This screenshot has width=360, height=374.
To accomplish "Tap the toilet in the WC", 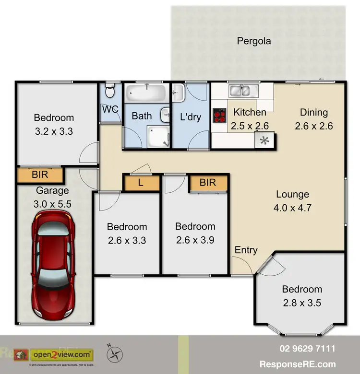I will [x=110, y=91].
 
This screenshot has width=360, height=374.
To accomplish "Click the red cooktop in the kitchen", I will [x=219, y=115].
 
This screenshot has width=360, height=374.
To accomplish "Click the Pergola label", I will [x=254, y=41].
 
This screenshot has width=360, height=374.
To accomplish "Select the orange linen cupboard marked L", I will [x=141, y=183].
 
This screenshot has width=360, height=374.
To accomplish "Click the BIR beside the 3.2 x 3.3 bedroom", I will [x=40, y=175].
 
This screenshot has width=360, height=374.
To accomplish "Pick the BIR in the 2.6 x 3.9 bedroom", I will [x=208, y=183].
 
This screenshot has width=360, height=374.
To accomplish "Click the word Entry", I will [x=246, y=250].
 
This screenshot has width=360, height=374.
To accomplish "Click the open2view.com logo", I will [x=61, y=355].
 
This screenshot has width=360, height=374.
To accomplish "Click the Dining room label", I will [x=314, y=112].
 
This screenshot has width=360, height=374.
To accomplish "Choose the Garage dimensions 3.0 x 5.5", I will [x=52, y=204].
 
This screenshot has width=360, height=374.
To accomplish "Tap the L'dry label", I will [x=191, y=116].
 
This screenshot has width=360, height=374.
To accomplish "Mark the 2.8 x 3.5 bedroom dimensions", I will [x=301, y=303].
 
